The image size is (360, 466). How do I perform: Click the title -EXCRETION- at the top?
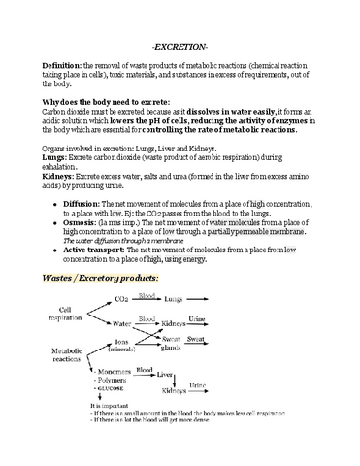coord(181,46)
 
